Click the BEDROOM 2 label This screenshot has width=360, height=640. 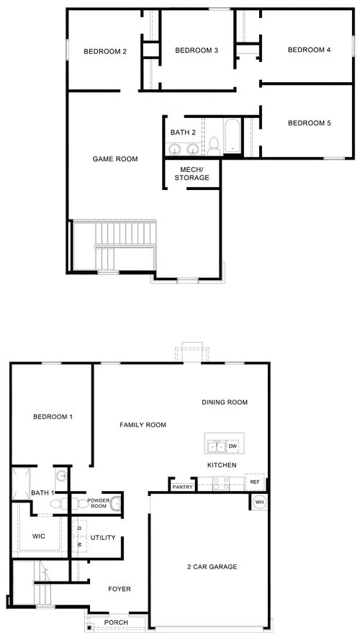point(105,51)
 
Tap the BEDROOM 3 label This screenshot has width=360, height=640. point(197,50)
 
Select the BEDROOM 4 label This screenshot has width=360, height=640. point(309,50)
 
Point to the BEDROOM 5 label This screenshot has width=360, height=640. point(309,123)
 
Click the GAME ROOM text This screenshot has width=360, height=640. point(115,159)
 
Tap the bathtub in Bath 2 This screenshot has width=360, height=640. point(232,138)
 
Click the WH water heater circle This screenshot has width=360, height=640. point(259,502)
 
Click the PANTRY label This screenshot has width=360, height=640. point(182,487)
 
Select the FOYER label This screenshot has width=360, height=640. point(120,589)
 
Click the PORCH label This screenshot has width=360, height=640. point(116,623)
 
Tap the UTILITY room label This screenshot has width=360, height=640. point(103,538)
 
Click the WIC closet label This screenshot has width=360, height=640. point(39,536)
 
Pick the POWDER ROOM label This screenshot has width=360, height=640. point(98,503)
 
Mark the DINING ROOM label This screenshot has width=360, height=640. point(225,402)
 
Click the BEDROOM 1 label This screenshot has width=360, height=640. point(53,417)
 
